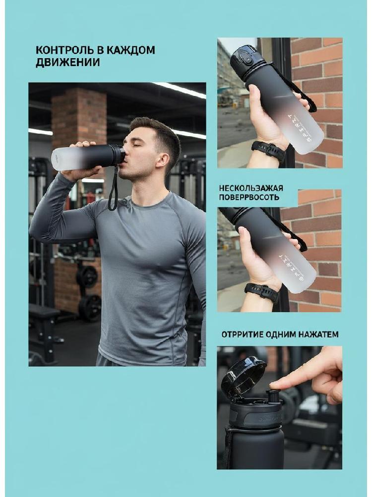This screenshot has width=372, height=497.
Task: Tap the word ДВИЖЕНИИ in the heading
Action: coord(67,63)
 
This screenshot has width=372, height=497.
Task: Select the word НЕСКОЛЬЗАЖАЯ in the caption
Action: coord(251,188)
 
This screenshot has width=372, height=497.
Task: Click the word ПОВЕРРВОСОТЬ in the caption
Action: coord(249,197)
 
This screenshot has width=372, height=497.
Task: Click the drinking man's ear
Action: coord(163,160)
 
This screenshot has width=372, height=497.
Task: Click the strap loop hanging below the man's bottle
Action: coord(113,188)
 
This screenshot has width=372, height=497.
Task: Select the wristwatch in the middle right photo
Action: coord(262,291)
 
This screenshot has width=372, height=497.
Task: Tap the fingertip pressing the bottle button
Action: coord(275,385)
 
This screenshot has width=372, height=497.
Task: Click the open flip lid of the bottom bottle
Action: coord(243,376)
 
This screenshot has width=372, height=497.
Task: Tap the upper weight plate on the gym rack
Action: coord(87,276)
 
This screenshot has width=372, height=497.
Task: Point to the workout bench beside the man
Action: coord(44,330)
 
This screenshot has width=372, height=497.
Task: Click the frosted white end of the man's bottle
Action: coord(63,158)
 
